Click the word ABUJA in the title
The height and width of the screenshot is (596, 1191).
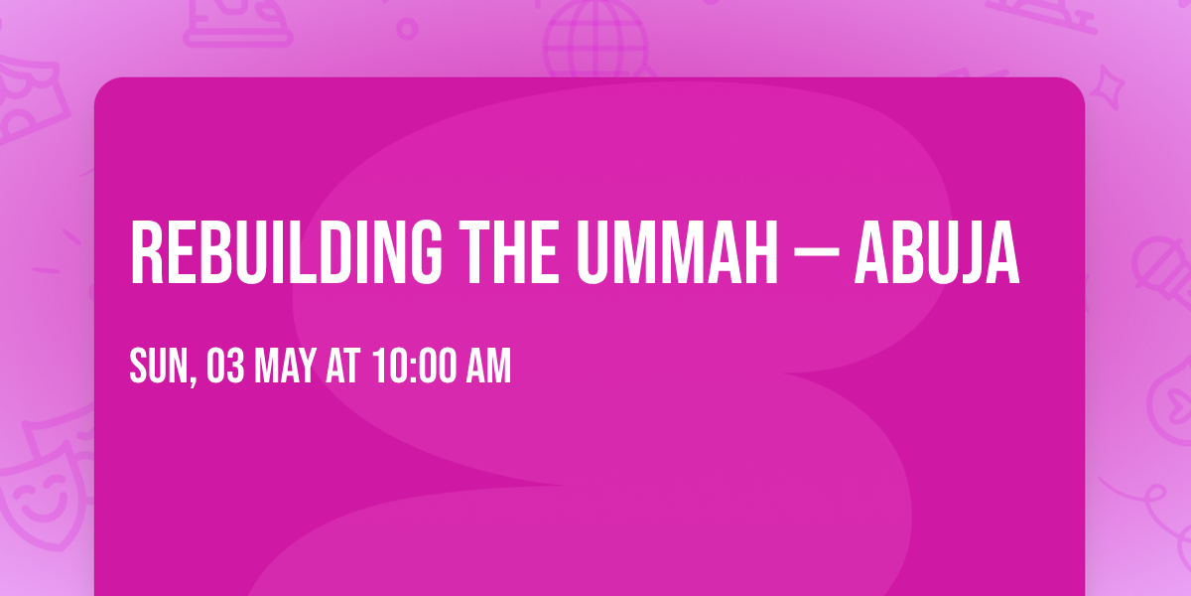(x=937, y=252)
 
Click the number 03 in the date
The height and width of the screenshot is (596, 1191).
(x=224, y=367)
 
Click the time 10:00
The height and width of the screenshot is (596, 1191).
(x=415, y=367)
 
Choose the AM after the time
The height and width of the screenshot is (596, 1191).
(x=488, y=367)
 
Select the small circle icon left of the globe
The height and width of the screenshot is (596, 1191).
(x=406, y=27)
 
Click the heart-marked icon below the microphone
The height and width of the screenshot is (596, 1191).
(x=1171, y=392)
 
